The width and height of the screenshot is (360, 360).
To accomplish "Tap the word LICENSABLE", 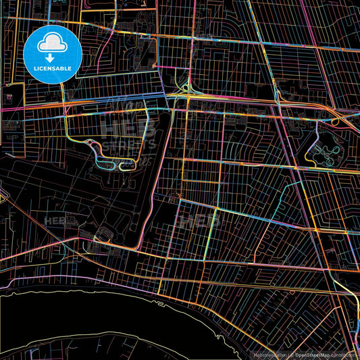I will pos(52,68).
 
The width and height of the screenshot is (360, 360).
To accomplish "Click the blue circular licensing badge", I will pos(52,54).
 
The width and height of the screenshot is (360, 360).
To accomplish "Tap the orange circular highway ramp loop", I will pos(336,122).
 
